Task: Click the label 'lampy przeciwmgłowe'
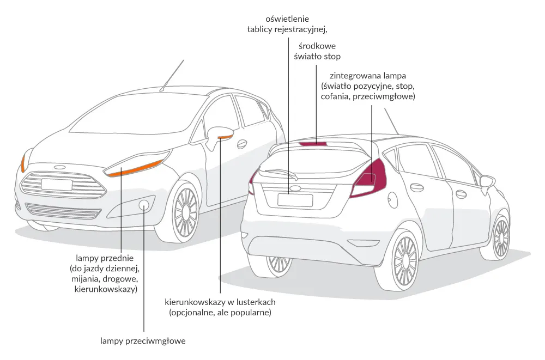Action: tap(143, 341)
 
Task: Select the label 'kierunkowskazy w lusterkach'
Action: tap(220, 302)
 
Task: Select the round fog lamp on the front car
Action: tap(144, 205)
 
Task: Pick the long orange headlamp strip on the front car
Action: tap(136, 168)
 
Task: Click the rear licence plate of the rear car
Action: tap(295, 200)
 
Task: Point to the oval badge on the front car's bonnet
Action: tap(59, 167)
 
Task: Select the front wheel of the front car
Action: tap(186, 213)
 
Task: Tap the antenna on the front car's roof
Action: tap(173, 74)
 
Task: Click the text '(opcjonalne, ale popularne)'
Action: tap(220, 313)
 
